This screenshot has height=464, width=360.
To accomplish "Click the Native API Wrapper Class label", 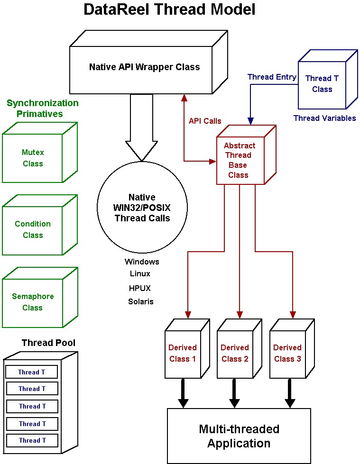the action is click(x=145, y=67).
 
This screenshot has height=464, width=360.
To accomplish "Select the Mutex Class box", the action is click(x=40, y=153).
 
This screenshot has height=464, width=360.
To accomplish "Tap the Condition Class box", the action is click(x=40, y=225).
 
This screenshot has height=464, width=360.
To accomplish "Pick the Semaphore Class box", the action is click(x=40, y=297).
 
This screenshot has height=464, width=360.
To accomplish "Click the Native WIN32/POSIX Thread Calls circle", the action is click(x=142, y=207).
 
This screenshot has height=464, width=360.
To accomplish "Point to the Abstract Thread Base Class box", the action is click(x=246, y=155).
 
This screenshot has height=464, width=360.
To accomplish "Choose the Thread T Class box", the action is click(x=328, y=79).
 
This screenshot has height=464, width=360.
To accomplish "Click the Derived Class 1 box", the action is click(x=187, y=348).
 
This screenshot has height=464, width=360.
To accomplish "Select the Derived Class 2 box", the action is click(x=240, y=348).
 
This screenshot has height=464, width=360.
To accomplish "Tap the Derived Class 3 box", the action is click(x=292, y=348).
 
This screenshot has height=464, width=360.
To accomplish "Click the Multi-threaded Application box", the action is click(x=239, y=436).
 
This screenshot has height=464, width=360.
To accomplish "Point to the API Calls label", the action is click(x=205, y=121).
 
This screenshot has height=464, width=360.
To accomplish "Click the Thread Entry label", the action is click(x=272, y=77).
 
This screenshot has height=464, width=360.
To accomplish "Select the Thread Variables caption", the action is click(x=324, y=118).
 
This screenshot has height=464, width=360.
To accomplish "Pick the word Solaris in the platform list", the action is click(x=140, y=301).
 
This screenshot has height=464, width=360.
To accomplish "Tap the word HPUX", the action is click(x=140, y=288).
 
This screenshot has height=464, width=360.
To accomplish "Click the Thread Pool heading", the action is click(x=48, y=343).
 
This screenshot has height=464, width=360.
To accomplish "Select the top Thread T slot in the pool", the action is click(x=31, y=372).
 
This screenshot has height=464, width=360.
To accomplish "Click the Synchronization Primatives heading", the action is click(x=42, y=109).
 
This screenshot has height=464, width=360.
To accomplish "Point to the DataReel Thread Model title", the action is click(x=169, y=9).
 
